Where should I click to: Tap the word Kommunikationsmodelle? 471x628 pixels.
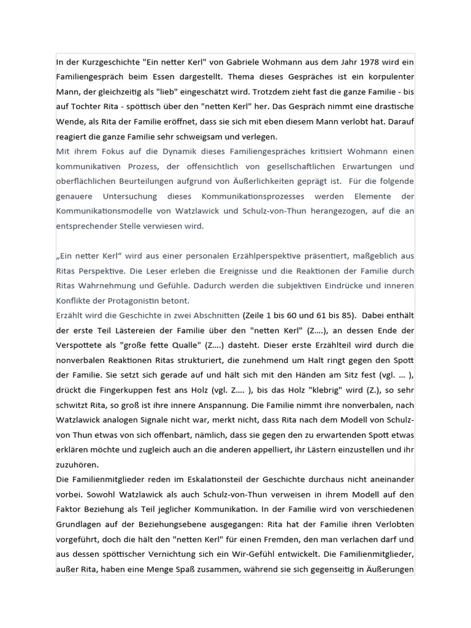pyautogui.click(x=102, y=212)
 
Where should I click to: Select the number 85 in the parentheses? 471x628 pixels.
pyautogui.click(x=348, y=315)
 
